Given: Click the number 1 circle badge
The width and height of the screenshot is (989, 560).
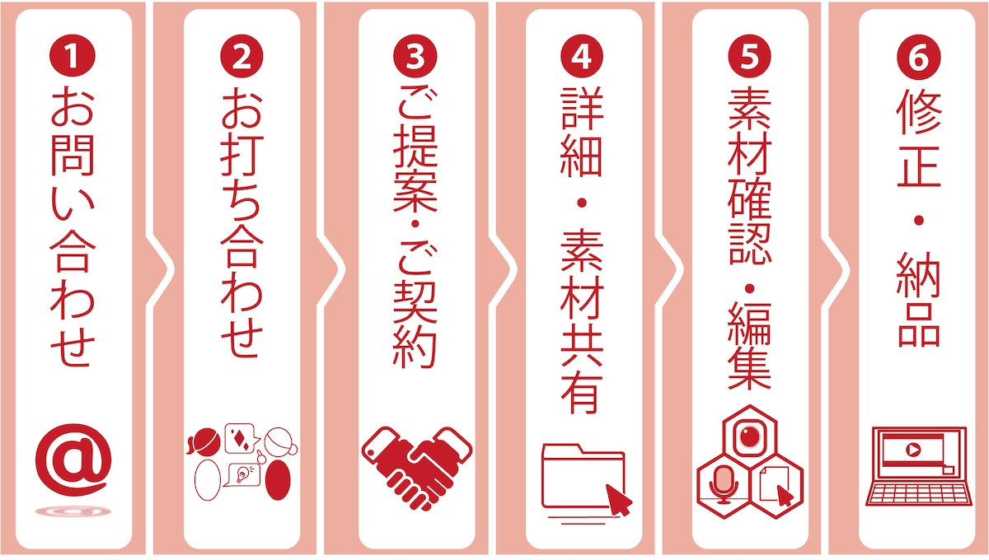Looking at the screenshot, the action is click(73, 56).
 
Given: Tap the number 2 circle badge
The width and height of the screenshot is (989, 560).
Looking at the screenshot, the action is click(241, 56).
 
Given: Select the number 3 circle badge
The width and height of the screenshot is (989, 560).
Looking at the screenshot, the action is click(415, 56).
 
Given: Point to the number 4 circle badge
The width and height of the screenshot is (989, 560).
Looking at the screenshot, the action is click(582, 56).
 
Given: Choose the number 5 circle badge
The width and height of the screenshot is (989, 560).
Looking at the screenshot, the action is click(749, 56).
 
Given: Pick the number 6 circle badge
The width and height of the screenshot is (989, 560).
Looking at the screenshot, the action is click(919, 58).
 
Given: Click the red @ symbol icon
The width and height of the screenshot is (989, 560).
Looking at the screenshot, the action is click(73, 460).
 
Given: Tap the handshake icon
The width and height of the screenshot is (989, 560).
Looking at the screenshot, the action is click(417, 469).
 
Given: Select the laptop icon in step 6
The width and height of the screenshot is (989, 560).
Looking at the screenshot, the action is click(919, 466).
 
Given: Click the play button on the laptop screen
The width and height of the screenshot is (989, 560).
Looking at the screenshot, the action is click(912, 450).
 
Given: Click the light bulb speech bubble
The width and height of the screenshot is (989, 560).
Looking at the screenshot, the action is click(242, 475).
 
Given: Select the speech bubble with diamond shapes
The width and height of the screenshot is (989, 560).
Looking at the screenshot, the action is click(241, 438).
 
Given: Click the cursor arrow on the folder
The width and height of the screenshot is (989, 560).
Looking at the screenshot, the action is click(618, 500).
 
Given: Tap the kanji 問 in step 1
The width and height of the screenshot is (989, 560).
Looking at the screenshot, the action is click(73, 155).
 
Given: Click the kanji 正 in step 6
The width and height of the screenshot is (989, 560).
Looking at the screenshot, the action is click(919, 165).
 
